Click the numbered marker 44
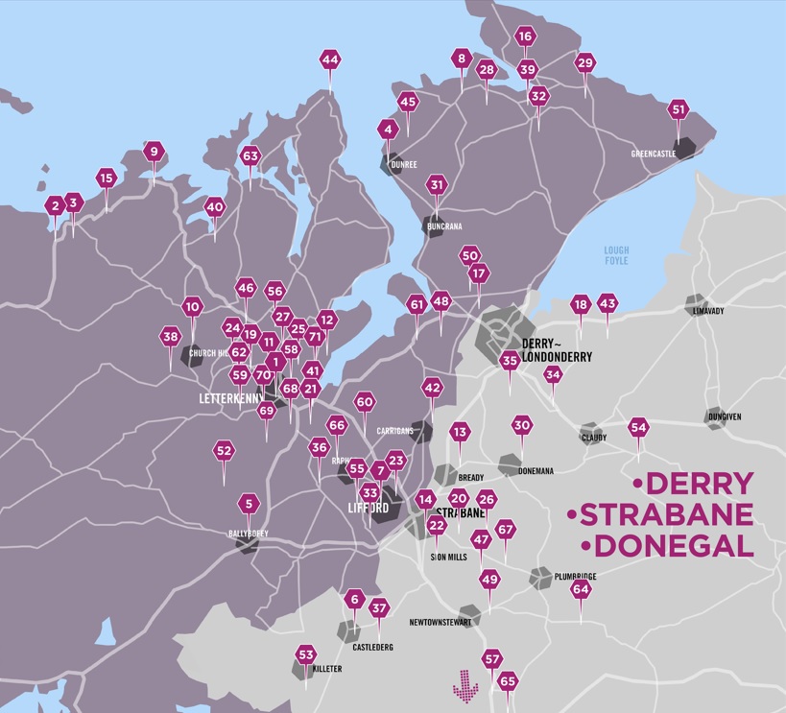330,59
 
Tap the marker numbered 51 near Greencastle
679,109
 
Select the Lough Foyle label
616,255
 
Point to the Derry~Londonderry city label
556,349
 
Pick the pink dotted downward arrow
465,683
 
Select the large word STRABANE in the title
666,514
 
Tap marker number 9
154,152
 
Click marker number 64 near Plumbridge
581,590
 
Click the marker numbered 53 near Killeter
306,655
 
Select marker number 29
584,63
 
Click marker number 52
224,450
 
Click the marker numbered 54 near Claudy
638,427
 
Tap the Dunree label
404,164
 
